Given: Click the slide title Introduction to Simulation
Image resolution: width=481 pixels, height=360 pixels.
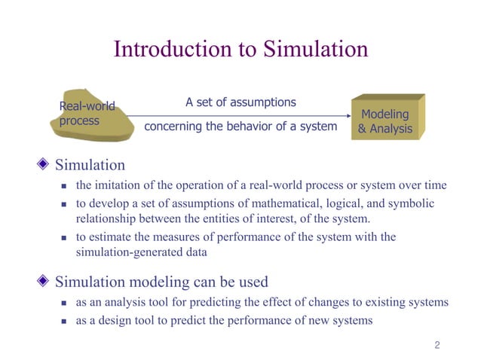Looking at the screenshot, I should [x=240, y=49].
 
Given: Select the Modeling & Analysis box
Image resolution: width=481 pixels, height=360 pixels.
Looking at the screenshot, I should [x=385, y=121].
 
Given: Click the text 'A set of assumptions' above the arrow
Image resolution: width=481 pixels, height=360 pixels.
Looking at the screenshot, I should [x=240, y=102].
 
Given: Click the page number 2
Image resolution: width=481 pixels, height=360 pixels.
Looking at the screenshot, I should [x=437, y=346].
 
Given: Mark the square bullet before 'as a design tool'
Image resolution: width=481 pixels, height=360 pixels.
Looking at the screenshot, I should [x=64, y=321].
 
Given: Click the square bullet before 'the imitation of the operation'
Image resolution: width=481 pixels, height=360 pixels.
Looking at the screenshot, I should [x=64, y=186].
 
